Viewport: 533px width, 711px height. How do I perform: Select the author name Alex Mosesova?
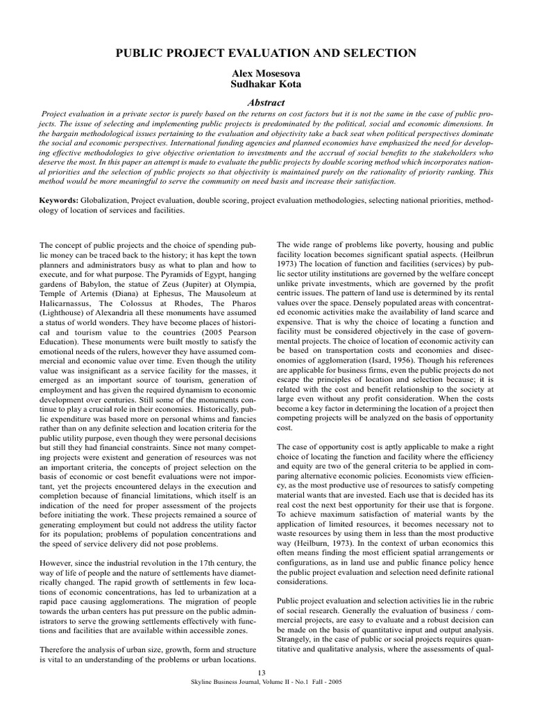[266, 73]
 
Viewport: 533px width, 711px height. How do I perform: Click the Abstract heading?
[266, 102]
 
